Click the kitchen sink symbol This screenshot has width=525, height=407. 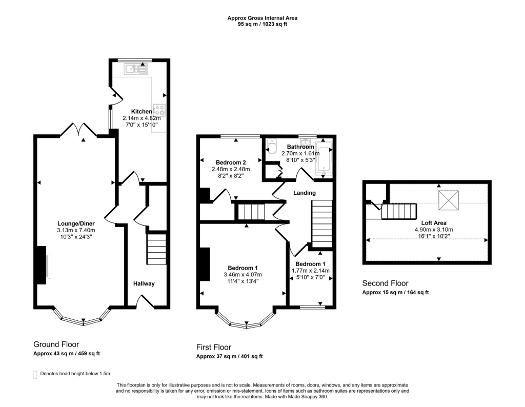pos(135,69)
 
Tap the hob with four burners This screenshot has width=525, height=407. pos(159,110)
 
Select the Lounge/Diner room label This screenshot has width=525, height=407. pos(76,223)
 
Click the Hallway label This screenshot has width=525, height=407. pos(144,283)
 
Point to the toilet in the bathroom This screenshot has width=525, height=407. pos(272,147)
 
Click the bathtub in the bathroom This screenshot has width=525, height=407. pos(324,158)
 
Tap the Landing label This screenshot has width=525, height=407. pos(305,193)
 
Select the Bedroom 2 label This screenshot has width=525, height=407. pos(231,162)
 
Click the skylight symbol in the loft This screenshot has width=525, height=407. pos(449,200)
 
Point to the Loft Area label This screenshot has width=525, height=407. pos(434,223)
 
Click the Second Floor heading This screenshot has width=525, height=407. pos(385,283)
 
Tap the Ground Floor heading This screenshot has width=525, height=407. pos(56,344)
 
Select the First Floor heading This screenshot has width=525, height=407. pos(214,347)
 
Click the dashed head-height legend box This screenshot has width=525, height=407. pos(35,375)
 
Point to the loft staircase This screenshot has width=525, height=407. pos(399,212)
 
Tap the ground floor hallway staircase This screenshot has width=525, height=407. pos(157,249)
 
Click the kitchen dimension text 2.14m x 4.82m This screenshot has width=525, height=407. pos(142,118)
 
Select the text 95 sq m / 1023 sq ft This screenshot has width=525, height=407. pos(262,24)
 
